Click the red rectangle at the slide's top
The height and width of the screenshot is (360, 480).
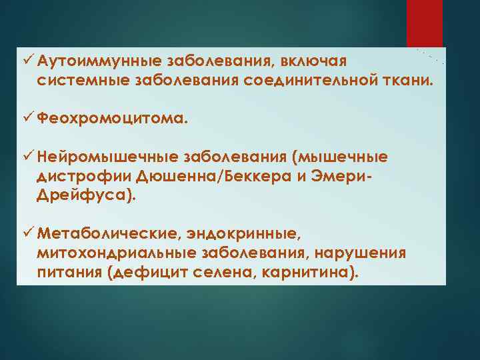pos(424,23)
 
